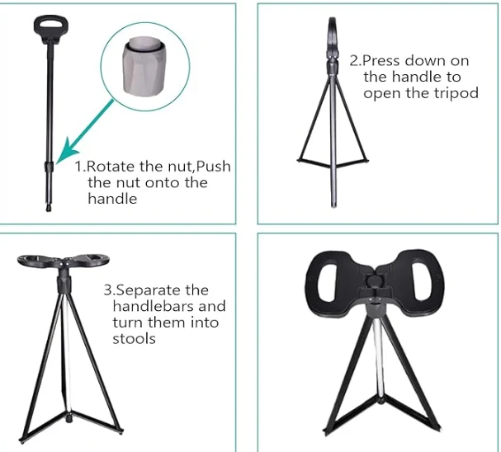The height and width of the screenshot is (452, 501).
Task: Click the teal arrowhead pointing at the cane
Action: [67, 150]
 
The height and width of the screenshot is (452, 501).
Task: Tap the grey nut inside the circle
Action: [144, 66]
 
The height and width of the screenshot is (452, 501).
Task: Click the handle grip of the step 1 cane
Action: [51, 27]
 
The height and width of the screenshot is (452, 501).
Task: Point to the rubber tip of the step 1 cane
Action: [49, 208]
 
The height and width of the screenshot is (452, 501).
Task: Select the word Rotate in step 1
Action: [111, 167]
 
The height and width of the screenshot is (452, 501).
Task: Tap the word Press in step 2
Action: [380, 61]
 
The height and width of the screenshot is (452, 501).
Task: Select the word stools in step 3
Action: [135, 339]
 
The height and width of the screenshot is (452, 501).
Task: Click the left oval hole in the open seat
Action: [328, 281]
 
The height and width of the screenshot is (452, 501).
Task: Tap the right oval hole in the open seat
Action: [422, 281]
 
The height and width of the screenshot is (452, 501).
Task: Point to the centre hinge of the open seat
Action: [375, 282]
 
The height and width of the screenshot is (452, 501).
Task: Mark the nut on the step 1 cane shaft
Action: [48, 167]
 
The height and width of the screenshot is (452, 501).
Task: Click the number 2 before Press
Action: [354, 61]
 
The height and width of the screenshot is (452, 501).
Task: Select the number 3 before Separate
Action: [107, 290]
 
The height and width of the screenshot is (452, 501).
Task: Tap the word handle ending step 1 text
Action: [112, 199]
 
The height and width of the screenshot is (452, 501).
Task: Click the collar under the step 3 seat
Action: [64, 282]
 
